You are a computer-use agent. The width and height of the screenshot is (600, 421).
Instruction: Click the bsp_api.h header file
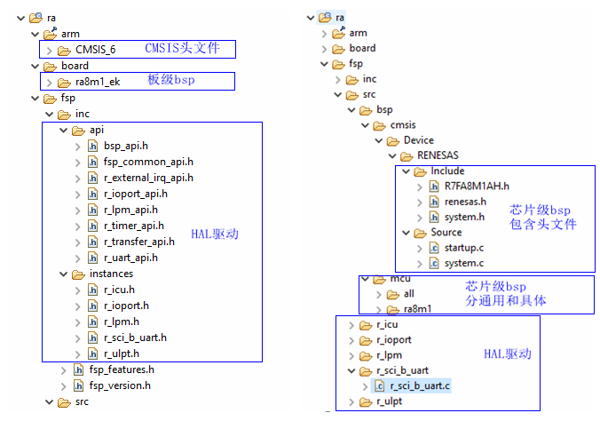(125, 146)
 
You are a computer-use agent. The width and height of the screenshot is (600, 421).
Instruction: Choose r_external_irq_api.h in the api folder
(148, 178)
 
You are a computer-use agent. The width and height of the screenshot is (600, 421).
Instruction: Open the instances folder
(111, 274)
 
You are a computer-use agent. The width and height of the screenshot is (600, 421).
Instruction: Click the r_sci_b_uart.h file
(135, 338)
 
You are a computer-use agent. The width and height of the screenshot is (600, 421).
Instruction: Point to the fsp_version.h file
(119, 385)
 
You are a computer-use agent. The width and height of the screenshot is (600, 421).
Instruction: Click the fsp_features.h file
(121, 369)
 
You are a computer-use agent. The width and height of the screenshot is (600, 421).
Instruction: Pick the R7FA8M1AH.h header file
(476, 187)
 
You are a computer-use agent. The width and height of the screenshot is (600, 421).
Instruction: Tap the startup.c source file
(464, 248)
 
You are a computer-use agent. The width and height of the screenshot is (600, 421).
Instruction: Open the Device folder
(418, 140)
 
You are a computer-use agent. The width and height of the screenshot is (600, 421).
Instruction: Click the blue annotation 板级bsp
(170, 81)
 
